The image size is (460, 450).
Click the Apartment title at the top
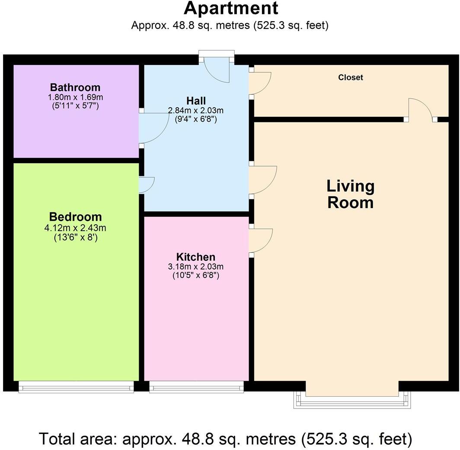pos(230,9)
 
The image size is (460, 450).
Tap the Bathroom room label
pos(75,87)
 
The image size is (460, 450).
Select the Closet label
pos(351,77)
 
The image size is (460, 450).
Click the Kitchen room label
pos(196,257)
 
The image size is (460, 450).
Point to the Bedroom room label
pos(75,217)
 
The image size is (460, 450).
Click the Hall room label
pos(196,101)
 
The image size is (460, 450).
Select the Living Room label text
pos(351,194)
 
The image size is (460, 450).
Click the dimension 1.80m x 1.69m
pos(75,97)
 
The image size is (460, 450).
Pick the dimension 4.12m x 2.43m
pos(75,228)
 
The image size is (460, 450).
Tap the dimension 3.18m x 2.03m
pos(196,267)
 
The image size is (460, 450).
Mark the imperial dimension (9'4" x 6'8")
pos(196,119)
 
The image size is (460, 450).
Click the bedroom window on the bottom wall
pos(76,386)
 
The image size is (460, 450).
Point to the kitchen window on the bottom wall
pos(196,386)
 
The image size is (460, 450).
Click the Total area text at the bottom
pos(226,439)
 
